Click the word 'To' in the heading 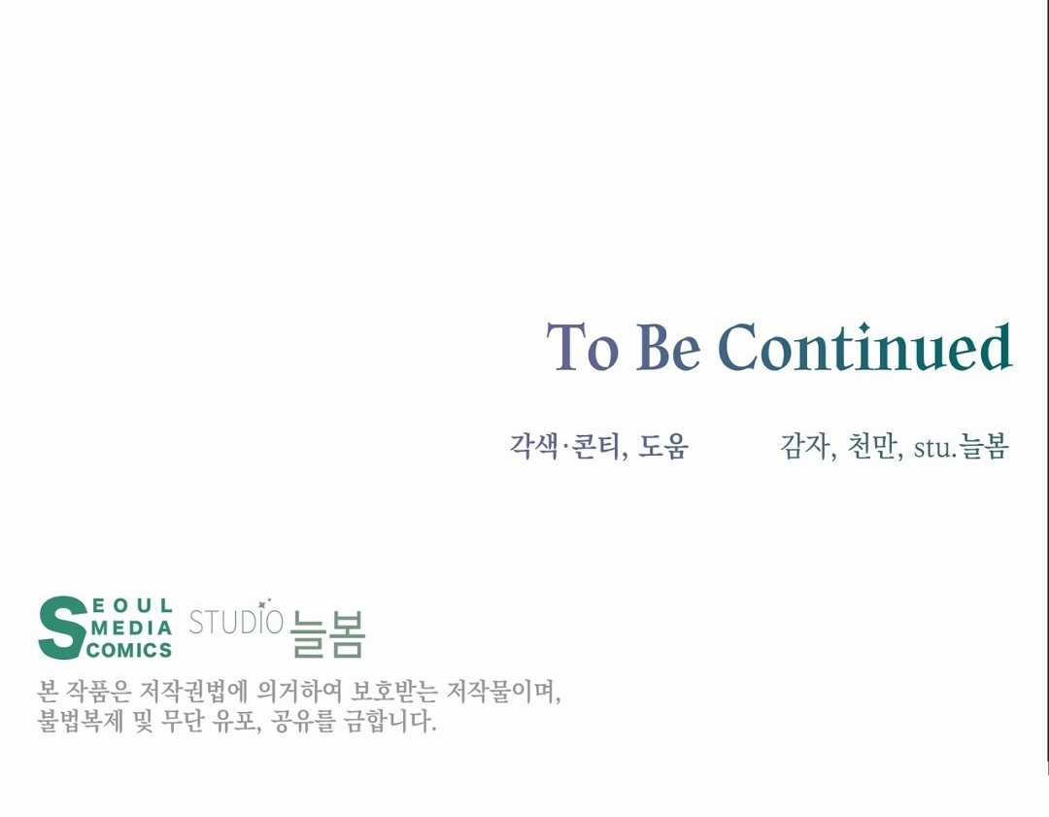coord(582,347)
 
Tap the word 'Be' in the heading coord(667,347)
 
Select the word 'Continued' coord(865,347)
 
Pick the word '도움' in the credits coord(663,446)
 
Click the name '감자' coord(804,446)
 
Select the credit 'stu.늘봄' coord(961,447)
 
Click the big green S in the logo coord(63,628)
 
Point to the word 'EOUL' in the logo coord(132,606)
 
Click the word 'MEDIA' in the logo coord(131,628)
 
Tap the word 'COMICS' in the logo coord(129,650)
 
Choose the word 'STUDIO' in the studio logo coord(236,622)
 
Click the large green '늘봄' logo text coord(328,634)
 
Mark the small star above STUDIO coord(262,604)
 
